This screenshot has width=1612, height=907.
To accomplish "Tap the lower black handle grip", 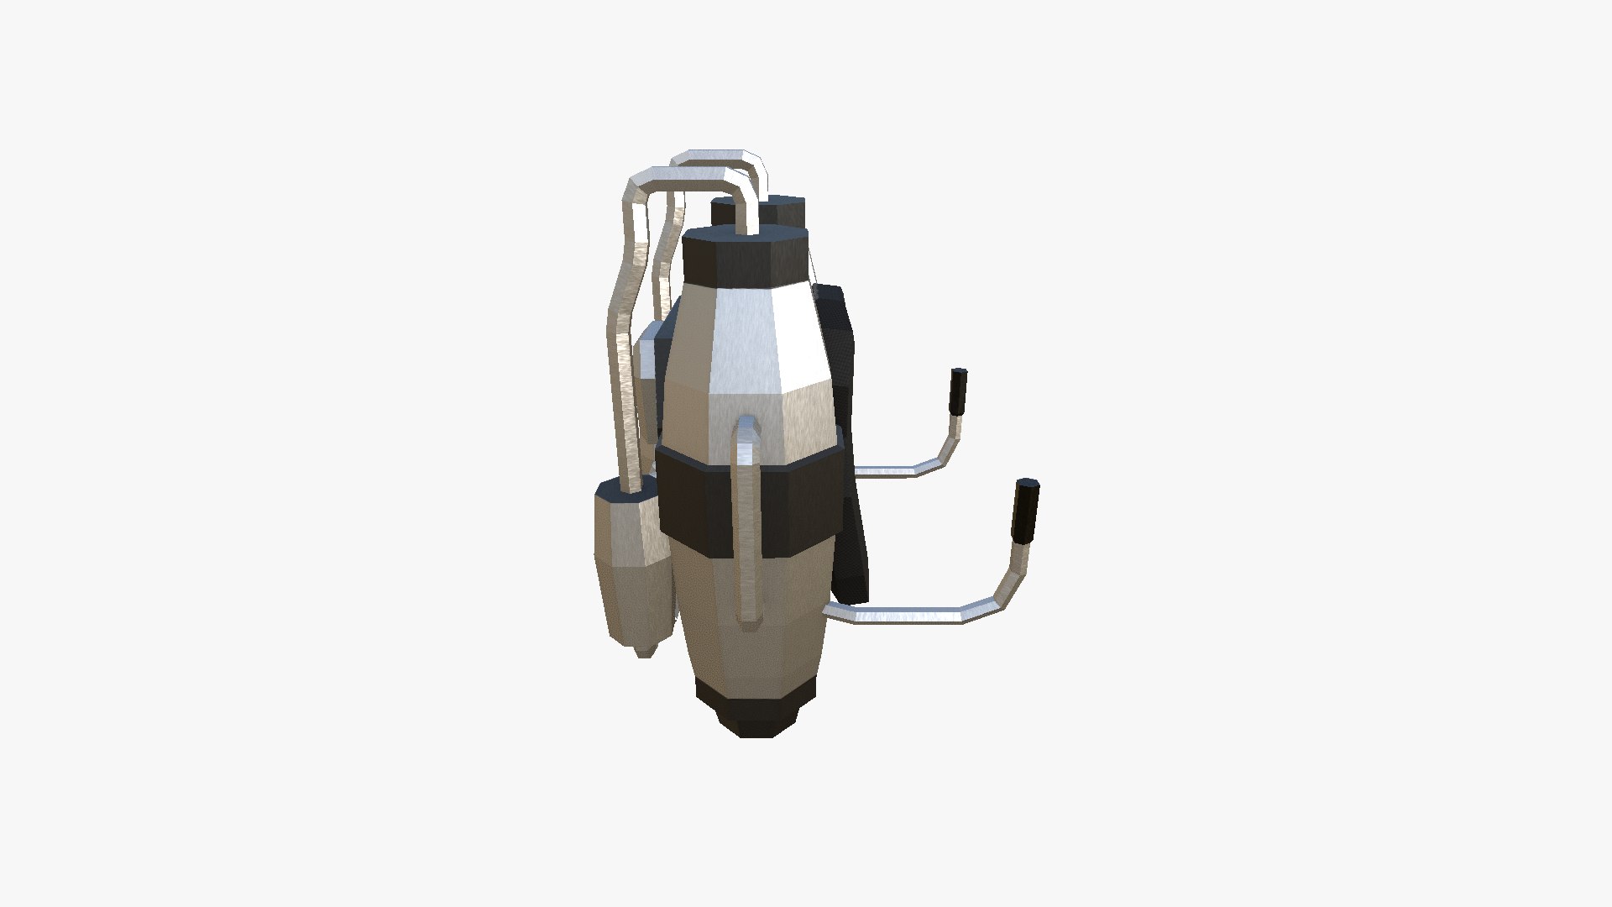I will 1025,511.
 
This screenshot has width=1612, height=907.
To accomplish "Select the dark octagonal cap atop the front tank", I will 746,255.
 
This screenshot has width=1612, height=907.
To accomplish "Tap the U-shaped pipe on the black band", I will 745,521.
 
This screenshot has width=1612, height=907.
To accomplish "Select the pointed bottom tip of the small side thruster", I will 643,648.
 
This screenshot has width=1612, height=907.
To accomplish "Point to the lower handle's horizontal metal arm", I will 907,612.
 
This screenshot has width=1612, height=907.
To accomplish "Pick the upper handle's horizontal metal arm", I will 890,467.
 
